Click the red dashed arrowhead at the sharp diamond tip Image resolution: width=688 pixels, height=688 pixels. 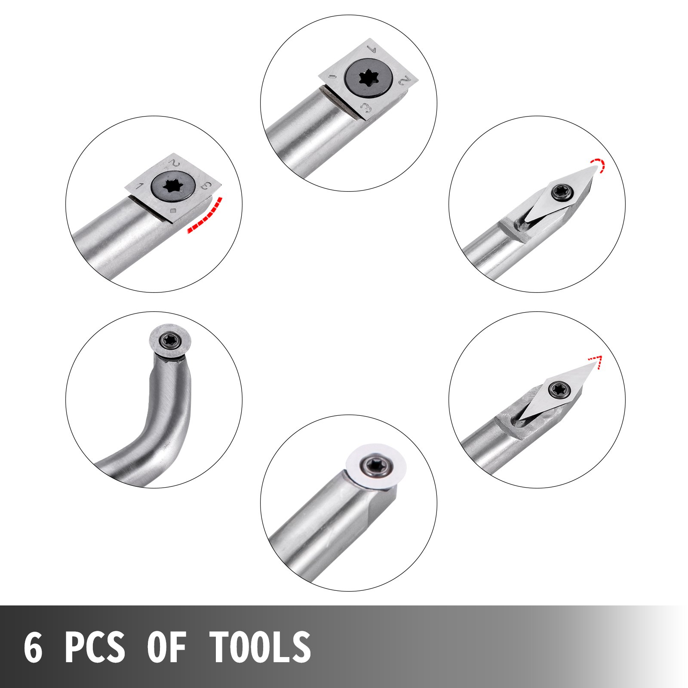(596, 361)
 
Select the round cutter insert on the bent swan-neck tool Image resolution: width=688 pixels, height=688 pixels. (170, 341)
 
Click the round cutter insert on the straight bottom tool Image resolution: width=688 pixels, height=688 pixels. (376, 465)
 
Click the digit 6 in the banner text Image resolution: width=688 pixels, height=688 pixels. (33, 647)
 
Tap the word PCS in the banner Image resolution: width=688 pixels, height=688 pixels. (95, 647)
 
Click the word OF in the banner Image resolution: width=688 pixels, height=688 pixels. (167, 647)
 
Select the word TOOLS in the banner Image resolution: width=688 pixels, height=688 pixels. (260, 647)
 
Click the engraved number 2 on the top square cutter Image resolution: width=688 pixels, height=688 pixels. (404, 80)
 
